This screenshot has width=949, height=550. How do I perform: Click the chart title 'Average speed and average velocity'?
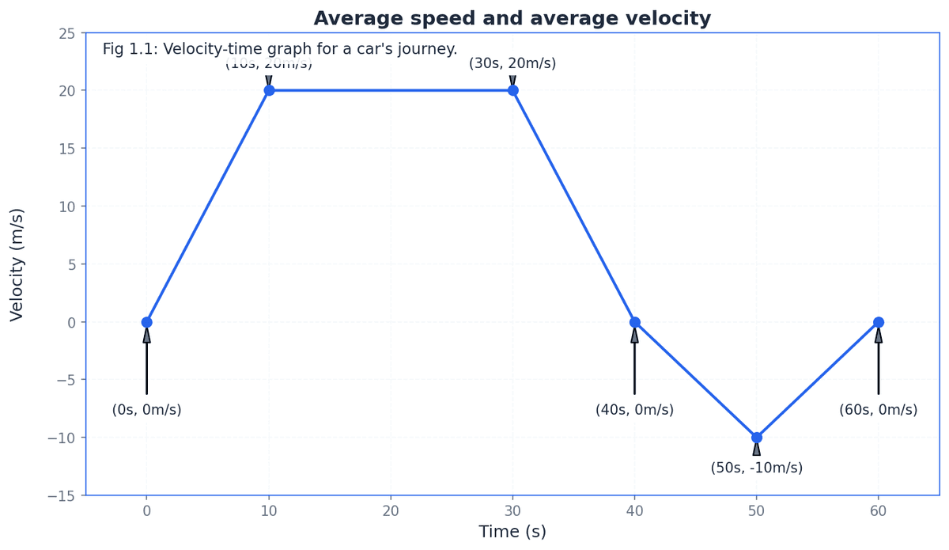pyautogui.click(x=512, y=18)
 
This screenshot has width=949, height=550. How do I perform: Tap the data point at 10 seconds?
pyautogui.click(x=269, y=90)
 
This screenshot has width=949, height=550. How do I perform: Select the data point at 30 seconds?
pyautogui.click(x=512, y=90)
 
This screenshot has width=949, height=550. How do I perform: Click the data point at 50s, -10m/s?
pyautogui.click(x=757, y=437)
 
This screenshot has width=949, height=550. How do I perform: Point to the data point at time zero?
pyautogui.click(x=146, y=322)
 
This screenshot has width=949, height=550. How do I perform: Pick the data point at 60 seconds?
pyautogui.click(x=879, y=322)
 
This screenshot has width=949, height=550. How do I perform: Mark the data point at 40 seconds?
pyautogui.click(x=634, y=322)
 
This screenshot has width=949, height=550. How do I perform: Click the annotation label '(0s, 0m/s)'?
pyautogui.click(x=146, y=410)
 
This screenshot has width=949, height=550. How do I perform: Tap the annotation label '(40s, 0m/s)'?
pyautogui.click(x=634, y=410)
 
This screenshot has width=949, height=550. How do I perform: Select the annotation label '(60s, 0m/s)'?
pyautogui.click(x=878, y=410)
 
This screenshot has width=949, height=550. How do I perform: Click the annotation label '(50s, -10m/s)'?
pyautogui.click(x=756, y=468)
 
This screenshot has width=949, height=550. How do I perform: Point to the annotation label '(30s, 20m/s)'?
pyautogui.click(x=512, y=63)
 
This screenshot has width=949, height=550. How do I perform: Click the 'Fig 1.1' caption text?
pyautogui.click(x=280, y=49)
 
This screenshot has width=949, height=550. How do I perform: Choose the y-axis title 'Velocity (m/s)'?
pyautogui.click(x=17, y=264)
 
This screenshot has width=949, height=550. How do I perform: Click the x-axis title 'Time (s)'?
pyautogui.click(x=512, y=532)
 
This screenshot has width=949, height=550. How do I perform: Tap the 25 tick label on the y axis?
pyautogui.click(x=66, y=33)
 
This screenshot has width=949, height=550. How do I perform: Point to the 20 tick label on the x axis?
pyautogui.click(x=391, y=511)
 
